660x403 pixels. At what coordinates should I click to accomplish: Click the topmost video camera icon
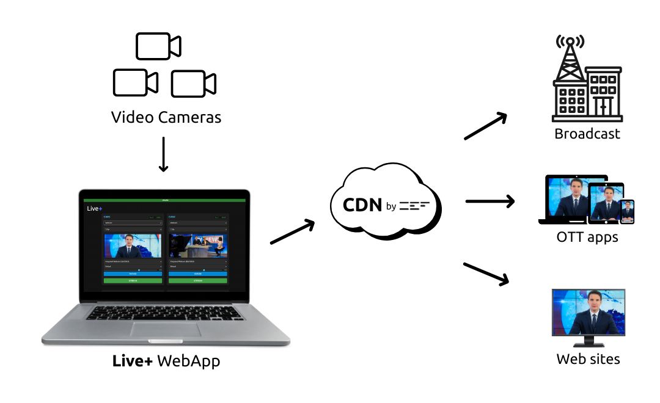[x=158, y=46]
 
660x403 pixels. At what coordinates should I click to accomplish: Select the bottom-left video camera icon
[x=136, y=82]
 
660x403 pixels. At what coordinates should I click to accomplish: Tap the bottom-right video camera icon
[x=193, y=84]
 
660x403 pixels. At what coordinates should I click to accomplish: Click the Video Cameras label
[x=166, y=117]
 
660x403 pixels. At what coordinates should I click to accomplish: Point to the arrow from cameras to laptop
[x=163, y=154]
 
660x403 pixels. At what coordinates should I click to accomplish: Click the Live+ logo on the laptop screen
[x=94, y=209]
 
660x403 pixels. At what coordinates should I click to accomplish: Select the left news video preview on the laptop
[x=133, y=247]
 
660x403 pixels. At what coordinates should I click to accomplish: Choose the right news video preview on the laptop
[x=197, y=247]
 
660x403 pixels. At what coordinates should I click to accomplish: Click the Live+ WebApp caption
[x=166, y=361]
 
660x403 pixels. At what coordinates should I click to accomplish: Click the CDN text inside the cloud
[x=362, y=205]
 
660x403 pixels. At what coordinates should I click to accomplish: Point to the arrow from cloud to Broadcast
[x=486, y=126]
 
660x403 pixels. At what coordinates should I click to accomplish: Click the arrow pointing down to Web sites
[x=486, y=273]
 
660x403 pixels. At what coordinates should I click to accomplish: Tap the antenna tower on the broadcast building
[x=569, y=61]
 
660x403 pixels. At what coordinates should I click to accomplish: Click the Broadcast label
[x=587, y=134]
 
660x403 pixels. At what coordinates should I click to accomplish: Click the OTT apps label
[x=587, y=237]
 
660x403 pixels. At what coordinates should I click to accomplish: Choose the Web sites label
[x=588, y=359]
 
